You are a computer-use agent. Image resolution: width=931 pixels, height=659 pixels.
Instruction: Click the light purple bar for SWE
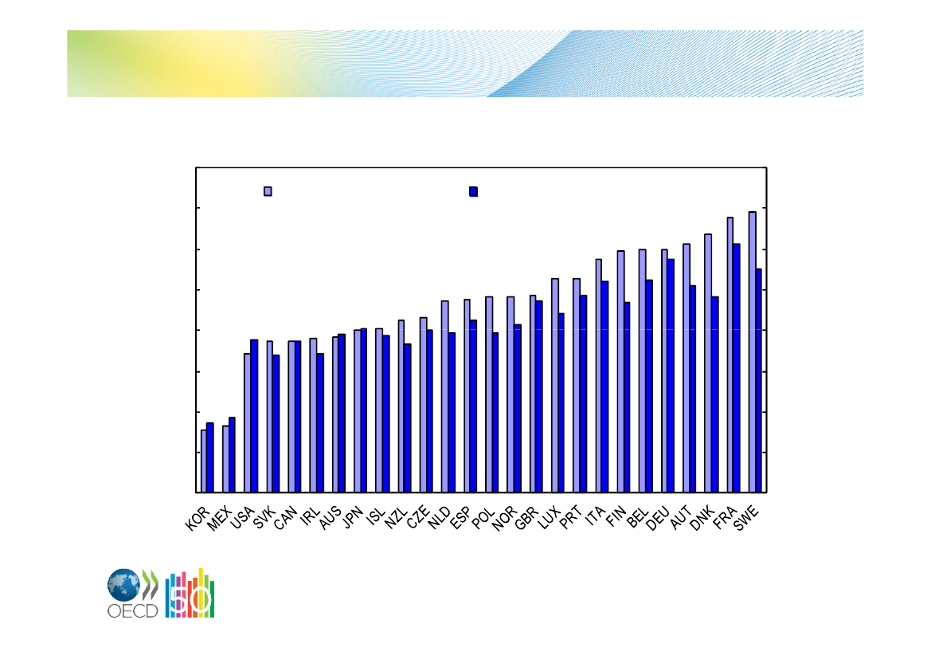753,351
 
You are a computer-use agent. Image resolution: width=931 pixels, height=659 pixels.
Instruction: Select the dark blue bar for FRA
736,368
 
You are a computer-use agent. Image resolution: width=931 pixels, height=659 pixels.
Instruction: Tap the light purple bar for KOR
204,461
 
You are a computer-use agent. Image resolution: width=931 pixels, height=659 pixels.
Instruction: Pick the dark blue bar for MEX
233,455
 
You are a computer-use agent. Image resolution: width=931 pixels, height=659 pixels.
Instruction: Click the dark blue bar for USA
254,416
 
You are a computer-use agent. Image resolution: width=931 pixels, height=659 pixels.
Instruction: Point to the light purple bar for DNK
708,363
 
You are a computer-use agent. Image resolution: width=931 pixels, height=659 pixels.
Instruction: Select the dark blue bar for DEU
671,375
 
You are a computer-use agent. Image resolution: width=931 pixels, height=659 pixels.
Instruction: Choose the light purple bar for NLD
444,396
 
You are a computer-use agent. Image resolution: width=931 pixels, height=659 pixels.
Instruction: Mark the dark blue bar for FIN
627,397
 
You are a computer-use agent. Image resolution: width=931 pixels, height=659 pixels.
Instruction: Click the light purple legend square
268,191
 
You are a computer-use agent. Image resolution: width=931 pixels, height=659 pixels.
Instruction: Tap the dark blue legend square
473,191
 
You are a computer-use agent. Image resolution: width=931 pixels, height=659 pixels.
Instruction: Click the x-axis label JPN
353,517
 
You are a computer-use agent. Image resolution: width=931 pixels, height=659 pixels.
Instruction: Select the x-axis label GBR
526,518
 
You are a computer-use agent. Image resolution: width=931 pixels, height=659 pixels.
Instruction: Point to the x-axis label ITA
595,516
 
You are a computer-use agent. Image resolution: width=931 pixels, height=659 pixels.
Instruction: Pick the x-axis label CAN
285,518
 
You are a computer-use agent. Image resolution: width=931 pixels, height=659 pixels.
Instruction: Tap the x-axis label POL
483,518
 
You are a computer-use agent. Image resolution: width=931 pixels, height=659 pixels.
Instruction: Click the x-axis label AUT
680,518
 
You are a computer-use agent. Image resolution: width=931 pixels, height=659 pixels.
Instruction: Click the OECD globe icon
123,585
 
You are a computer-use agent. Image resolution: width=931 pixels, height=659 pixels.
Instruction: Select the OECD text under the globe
132,611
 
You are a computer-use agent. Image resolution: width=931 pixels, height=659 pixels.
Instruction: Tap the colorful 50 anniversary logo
190,593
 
